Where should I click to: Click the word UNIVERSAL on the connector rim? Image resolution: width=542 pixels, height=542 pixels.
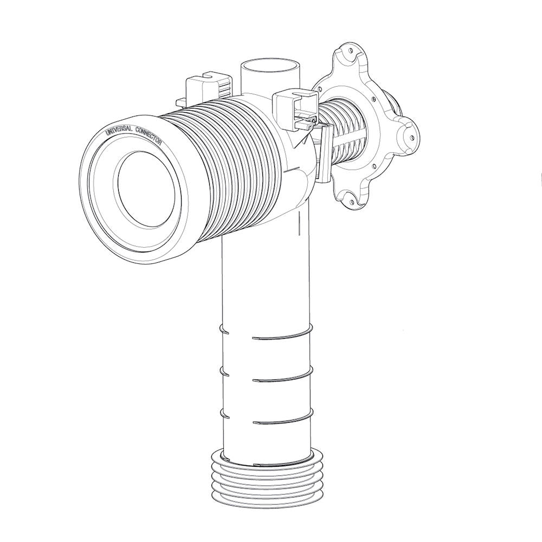point(119,130)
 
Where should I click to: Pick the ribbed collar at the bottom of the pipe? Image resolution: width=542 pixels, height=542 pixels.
point(267,478)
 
